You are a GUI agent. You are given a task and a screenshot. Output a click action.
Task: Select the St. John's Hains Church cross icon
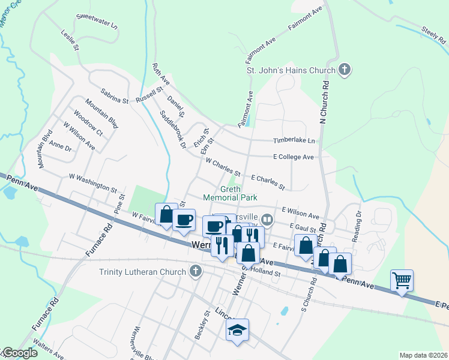345,70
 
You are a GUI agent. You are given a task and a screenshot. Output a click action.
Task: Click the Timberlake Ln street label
294,140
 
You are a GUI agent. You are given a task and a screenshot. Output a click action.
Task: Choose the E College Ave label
294,157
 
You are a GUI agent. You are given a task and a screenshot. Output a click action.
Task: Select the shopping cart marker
402,280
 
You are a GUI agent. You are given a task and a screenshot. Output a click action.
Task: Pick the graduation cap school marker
238,329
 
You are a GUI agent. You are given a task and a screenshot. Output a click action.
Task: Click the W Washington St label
93,182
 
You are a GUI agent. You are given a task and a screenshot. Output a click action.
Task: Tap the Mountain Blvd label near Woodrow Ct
101,114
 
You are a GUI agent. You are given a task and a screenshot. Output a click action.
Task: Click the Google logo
19,353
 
